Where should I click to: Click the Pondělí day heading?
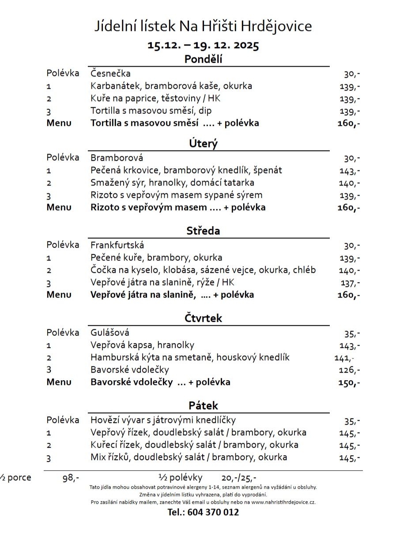pos(203,59)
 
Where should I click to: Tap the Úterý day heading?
pos(203,143)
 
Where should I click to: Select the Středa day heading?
pos(203,230)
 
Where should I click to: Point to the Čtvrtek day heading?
pos(203,318)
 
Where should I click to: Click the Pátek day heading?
pos(203,405)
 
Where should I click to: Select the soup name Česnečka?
pos(110,73)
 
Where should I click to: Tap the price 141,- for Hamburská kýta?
pos(344,358)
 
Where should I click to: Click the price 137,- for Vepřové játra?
pos(350,283)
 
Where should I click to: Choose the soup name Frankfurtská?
pos(117,245)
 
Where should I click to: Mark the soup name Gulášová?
pos(110,332)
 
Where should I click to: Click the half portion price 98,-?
pos(71,478)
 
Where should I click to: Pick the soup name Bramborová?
pos(117,158)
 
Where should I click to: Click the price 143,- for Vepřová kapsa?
pos(350,346)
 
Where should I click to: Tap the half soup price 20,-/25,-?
pos(238,478)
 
